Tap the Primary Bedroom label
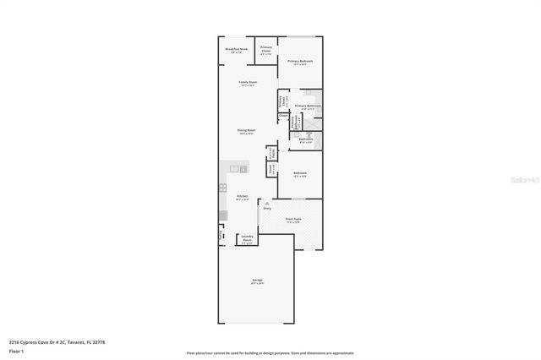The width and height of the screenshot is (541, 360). click(x=300, y=62)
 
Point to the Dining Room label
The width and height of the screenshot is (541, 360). click(x=246, y=131)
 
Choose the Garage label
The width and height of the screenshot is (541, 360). click(x=256, y=281)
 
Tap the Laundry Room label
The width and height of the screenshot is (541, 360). click(x=247, y=238)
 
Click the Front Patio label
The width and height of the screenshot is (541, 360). click(x=293, y=220)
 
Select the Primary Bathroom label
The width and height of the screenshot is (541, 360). click(x=308, y=106)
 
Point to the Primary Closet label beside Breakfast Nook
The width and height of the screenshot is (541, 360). click(x=265, y=49)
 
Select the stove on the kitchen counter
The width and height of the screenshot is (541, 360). click(x=223, y=187)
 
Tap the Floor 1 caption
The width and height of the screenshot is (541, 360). click(x=16, y=350)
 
